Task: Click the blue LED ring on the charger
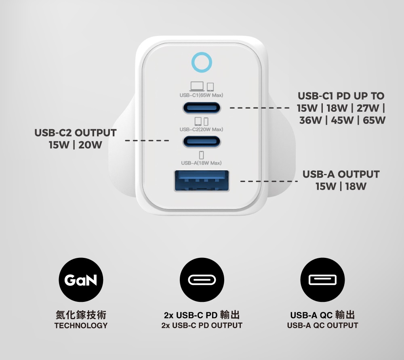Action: pos(202,53)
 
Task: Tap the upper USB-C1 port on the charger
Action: pos(202,108)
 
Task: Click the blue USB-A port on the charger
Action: pos(202,181)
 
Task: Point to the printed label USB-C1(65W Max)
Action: pos(201,95)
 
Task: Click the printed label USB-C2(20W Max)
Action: pos(201,129)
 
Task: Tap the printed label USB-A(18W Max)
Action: pos(201,163)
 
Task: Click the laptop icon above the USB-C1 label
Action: pos(197,86)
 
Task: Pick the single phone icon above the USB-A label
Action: pos(202,155)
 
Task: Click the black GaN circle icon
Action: pos(81,280)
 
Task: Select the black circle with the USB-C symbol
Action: pos(202,280)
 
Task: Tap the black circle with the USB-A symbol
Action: pos(322,280)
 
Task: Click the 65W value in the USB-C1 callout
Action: pos(374,120)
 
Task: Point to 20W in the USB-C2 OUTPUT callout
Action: pos(90,145)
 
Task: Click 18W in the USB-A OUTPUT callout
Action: pos(356,186)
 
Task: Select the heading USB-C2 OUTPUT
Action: pos(76,133)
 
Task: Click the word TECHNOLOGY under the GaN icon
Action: pos(81,326)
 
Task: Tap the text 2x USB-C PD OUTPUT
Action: pos(202,326)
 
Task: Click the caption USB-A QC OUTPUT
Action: pos(322,326)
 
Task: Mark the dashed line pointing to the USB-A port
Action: pos(269,182)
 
